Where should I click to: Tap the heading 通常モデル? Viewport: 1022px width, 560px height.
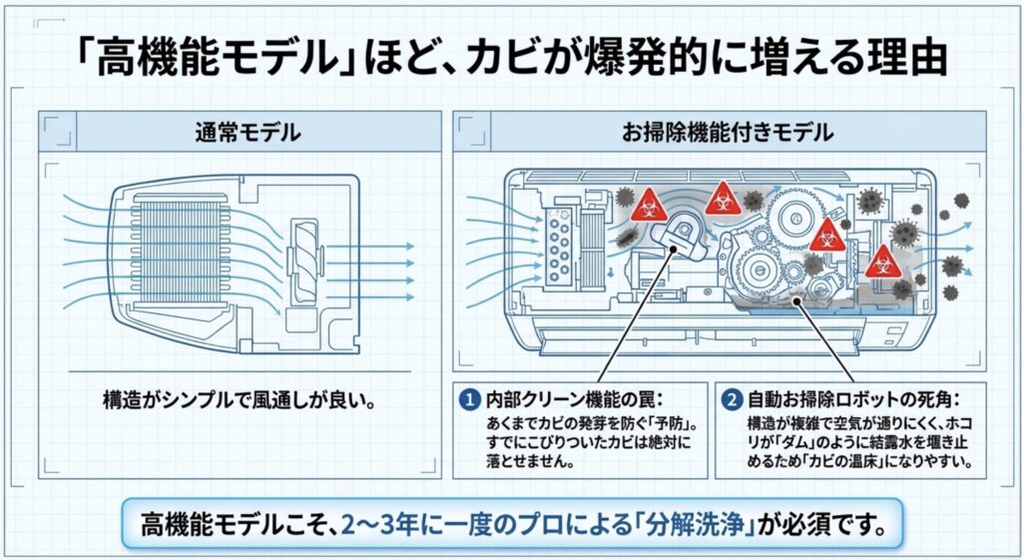click(247, 131)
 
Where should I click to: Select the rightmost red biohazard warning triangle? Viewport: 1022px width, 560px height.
click(881, 263)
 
